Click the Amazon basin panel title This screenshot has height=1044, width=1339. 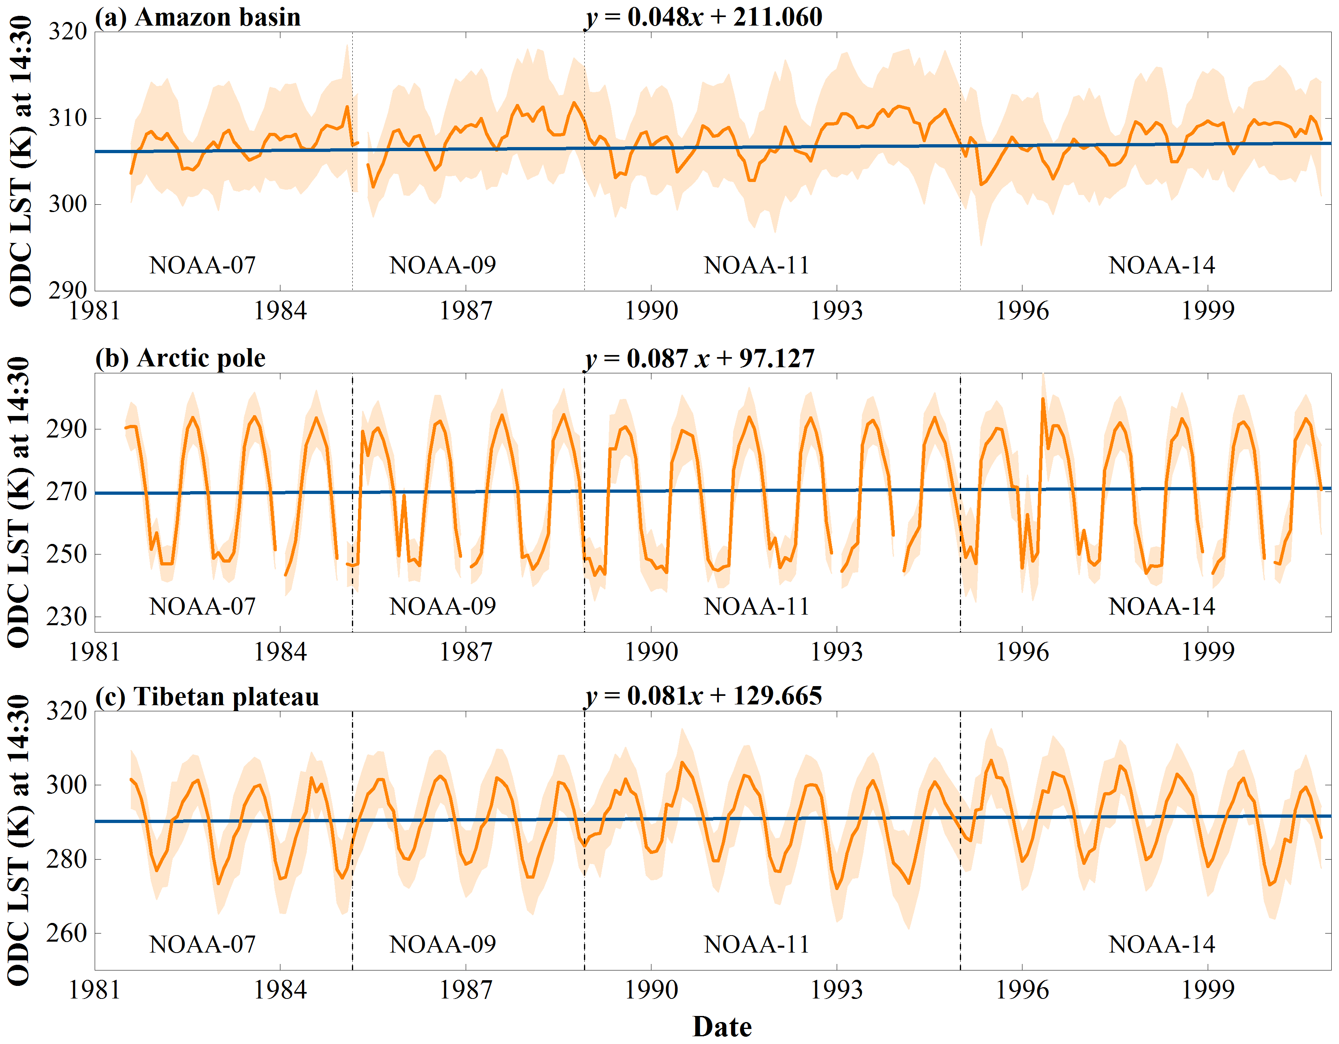(x=197, y=17)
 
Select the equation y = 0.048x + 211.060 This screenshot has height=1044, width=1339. (x=704, y=17)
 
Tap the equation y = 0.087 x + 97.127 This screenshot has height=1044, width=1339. (x=699, y=359)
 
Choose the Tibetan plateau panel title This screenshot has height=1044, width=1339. (x=207, y=697)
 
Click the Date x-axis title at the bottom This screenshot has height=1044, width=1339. (x=722, y=1027)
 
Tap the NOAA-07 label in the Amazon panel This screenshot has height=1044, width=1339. (x=202, y=265)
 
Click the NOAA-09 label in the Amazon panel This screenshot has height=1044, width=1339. (x=443, y=265)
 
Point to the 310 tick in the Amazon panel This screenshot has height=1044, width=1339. (x=67, y=118)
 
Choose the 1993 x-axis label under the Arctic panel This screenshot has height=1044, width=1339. (x=836, y=652)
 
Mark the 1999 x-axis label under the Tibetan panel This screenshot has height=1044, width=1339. (x=1207, y=990)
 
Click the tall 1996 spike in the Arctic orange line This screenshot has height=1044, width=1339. (x=1043, y=400)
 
